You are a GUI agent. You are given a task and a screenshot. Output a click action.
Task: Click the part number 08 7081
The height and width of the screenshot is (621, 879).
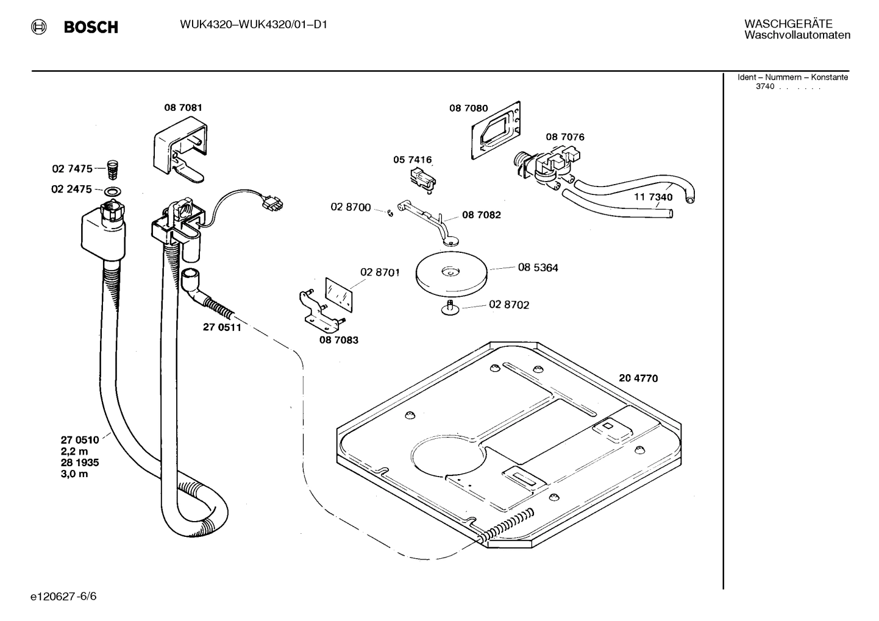(183, 108)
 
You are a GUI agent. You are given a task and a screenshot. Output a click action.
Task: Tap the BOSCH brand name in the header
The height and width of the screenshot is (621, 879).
(91, 27)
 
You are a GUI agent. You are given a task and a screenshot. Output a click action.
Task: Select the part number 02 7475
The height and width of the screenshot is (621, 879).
(71, 169)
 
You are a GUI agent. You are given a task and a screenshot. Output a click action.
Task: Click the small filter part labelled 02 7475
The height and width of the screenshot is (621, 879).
(112, 167)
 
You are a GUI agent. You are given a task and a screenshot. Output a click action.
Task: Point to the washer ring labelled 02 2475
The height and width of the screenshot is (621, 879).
(112, 191)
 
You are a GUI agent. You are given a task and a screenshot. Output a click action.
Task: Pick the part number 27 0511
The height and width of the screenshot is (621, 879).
(222, 327)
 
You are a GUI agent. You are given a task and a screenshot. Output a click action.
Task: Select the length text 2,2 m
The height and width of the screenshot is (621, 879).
(74, 451)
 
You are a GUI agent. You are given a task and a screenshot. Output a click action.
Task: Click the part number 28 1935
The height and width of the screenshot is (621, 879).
(79, 463)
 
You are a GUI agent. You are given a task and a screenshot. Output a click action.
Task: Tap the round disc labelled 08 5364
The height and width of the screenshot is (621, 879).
(452, 274)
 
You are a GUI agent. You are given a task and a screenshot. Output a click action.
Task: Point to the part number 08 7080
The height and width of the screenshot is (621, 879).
(468, 108)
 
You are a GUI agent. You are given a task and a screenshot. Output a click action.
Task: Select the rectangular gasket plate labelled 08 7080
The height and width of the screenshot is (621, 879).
(496, 132)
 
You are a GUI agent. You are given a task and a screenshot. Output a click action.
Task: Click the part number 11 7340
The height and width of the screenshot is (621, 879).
(653, 197)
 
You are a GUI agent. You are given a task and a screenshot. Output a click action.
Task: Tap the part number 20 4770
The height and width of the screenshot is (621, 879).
(638, 378)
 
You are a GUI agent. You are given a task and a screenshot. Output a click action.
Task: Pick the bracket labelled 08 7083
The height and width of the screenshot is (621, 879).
(318, 308)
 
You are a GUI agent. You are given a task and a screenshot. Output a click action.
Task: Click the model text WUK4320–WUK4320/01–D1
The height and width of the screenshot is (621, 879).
(254, 25)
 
